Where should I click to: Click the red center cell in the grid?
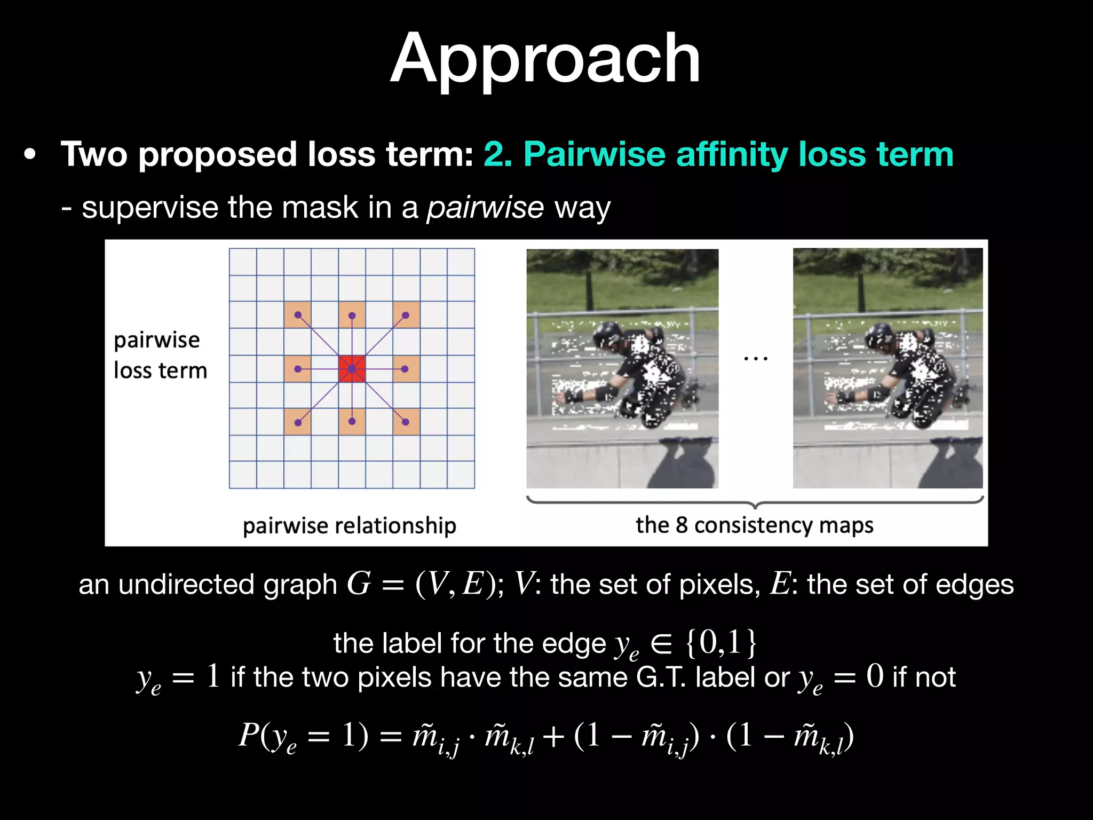[x=352, y=369]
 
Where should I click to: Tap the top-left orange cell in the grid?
[x=298, y=315]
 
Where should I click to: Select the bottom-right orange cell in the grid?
[x=406, y=422]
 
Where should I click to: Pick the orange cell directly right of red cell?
[x=406, y=369]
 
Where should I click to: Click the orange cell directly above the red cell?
[x=352, y=315]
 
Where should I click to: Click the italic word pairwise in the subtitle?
[x=485, y=208]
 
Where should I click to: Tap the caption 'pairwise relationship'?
[x=350, y=526]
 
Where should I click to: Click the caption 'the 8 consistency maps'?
[x=754, y=525]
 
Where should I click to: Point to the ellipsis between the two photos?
[x=756, y=359]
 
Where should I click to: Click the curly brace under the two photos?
[x=755, y=502]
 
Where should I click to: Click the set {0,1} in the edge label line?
[x=721, y=642]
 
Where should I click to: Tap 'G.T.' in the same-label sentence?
[x=661, y=677]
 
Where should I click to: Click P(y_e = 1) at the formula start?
[x=303, y=736]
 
